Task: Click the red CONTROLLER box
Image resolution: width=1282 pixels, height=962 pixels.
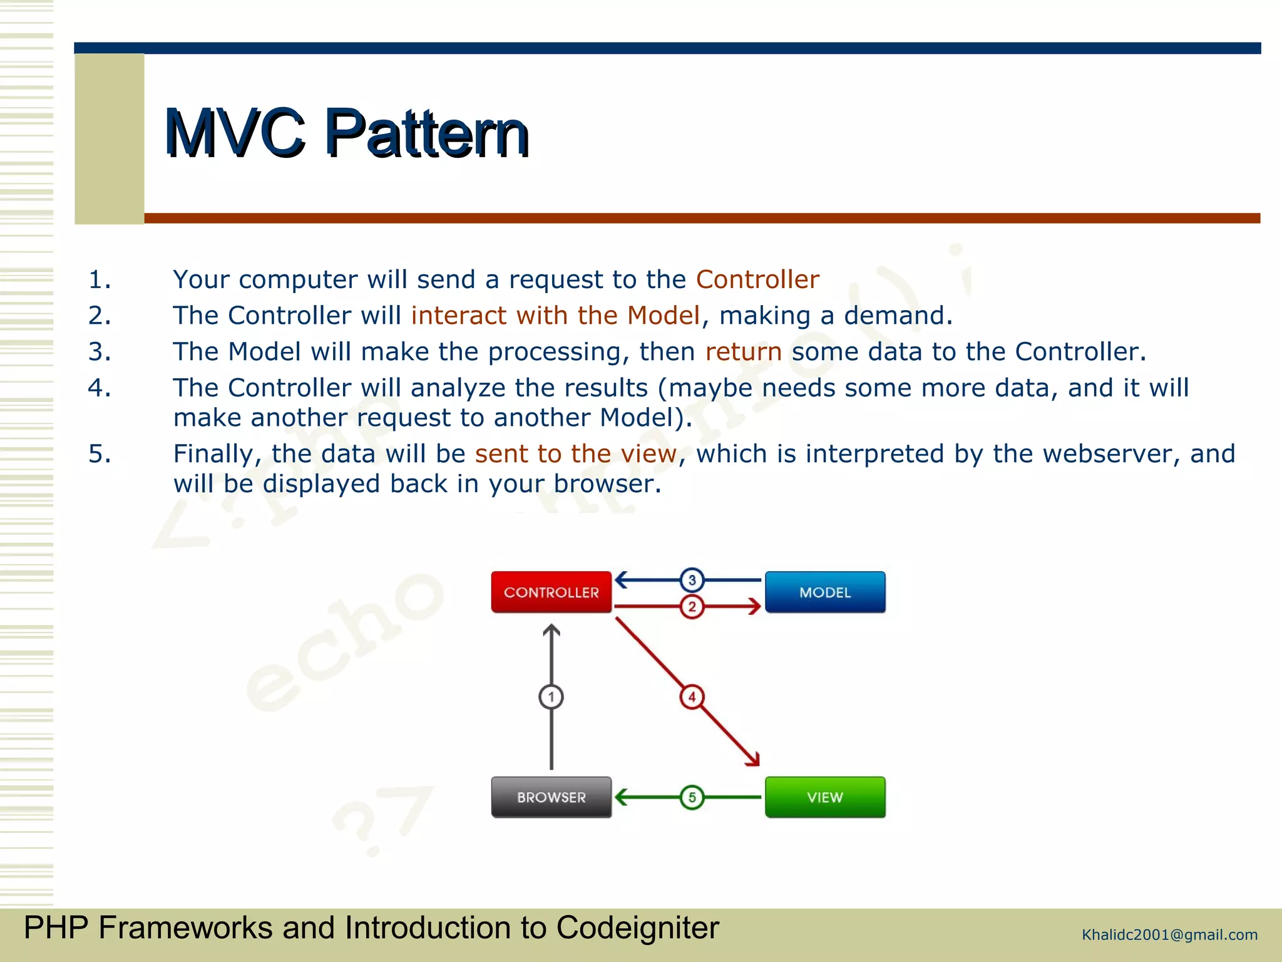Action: (551, 592)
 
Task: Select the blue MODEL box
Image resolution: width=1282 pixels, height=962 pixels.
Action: (825, 592)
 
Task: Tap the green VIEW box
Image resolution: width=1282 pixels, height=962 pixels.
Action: (825, 797)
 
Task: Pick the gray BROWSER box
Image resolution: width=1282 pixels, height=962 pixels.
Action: (551, 797)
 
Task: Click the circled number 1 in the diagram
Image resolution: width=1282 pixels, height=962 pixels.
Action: (551, 696)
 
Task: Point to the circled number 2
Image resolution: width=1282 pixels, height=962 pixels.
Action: (692, 606)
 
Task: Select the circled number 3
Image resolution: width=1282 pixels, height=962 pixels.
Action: (692, 580)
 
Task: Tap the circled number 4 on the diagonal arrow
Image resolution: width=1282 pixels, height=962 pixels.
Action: (692, 696)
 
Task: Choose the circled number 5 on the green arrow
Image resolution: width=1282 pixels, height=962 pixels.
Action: (692, 797)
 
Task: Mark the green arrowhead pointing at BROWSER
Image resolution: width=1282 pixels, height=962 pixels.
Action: (622, 797)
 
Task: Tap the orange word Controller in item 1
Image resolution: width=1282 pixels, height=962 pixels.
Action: (757, 279)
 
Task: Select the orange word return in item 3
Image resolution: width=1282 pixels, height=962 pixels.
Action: (743, 352)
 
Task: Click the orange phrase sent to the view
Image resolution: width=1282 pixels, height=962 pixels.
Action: (576, 453)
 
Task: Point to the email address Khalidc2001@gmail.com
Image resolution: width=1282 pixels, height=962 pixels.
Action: (1169, 935)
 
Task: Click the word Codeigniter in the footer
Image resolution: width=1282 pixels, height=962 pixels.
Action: (637, 928)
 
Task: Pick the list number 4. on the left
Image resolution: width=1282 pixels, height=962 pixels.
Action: (100, 388)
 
